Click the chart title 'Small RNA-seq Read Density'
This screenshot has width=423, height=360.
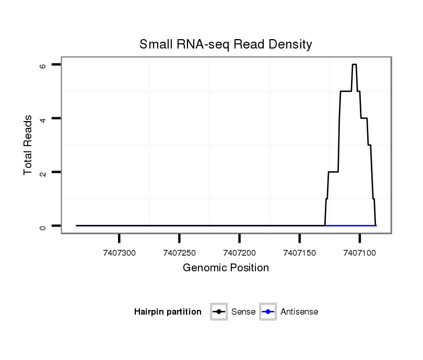pos(226,44)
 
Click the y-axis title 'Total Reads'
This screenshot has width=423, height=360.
pos(28,145)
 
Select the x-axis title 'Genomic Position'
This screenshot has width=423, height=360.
pos(226,268)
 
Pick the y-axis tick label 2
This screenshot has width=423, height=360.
pos(43,172)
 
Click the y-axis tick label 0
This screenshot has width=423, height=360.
pos(43,226)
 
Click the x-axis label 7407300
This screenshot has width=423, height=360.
pos(120,253)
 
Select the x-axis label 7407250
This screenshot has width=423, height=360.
pos(179,253)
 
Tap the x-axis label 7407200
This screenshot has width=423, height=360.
pos(239,253)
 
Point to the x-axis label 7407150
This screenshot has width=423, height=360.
pos(299,253)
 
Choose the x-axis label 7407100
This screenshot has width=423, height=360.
pos(359,253)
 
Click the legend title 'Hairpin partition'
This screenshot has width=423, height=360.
pos(168,312)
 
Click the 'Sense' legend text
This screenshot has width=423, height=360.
pos(243,312)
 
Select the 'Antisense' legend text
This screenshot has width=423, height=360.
pos(299,312)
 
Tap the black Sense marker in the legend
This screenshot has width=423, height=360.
pos(218,312)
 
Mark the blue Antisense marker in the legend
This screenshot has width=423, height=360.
pos(268,312)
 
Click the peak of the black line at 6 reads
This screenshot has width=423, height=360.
pos(354,65)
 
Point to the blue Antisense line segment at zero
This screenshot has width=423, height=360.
pos(350,225)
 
